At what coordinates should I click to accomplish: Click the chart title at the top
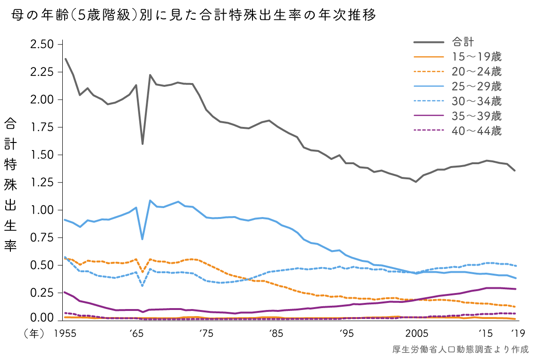coord(194,16)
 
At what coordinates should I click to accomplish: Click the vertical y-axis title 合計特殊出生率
coord(10,185)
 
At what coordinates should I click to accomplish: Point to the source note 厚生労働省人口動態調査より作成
coord(460,350)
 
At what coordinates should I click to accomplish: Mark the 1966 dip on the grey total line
coord(143,144)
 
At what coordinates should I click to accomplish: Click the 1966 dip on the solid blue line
coord(143,239)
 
